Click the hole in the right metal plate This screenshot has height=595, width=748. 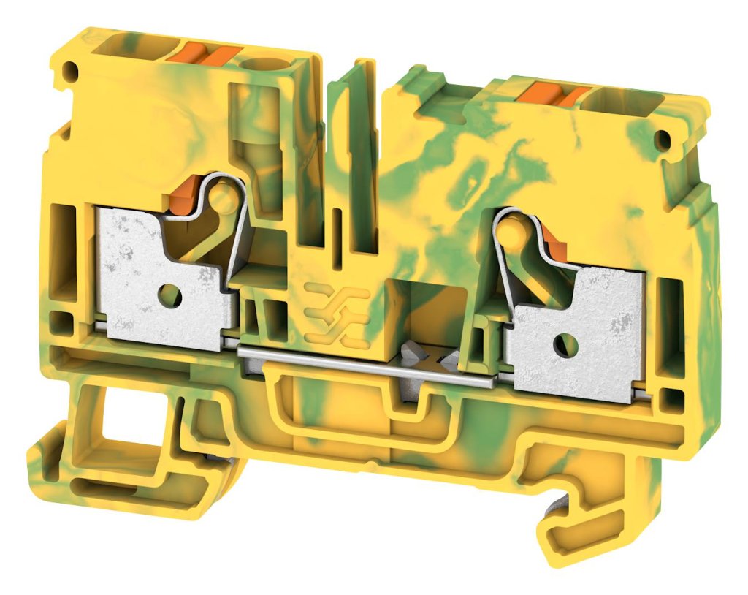[x=563, y=341]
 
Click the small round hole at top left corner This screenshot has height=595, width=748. [x=71, y=72]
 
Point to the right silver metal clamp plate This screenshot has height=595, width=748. [x=592, y=329]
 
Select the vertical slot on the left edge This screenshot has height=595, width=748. [x=65, y=241]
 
